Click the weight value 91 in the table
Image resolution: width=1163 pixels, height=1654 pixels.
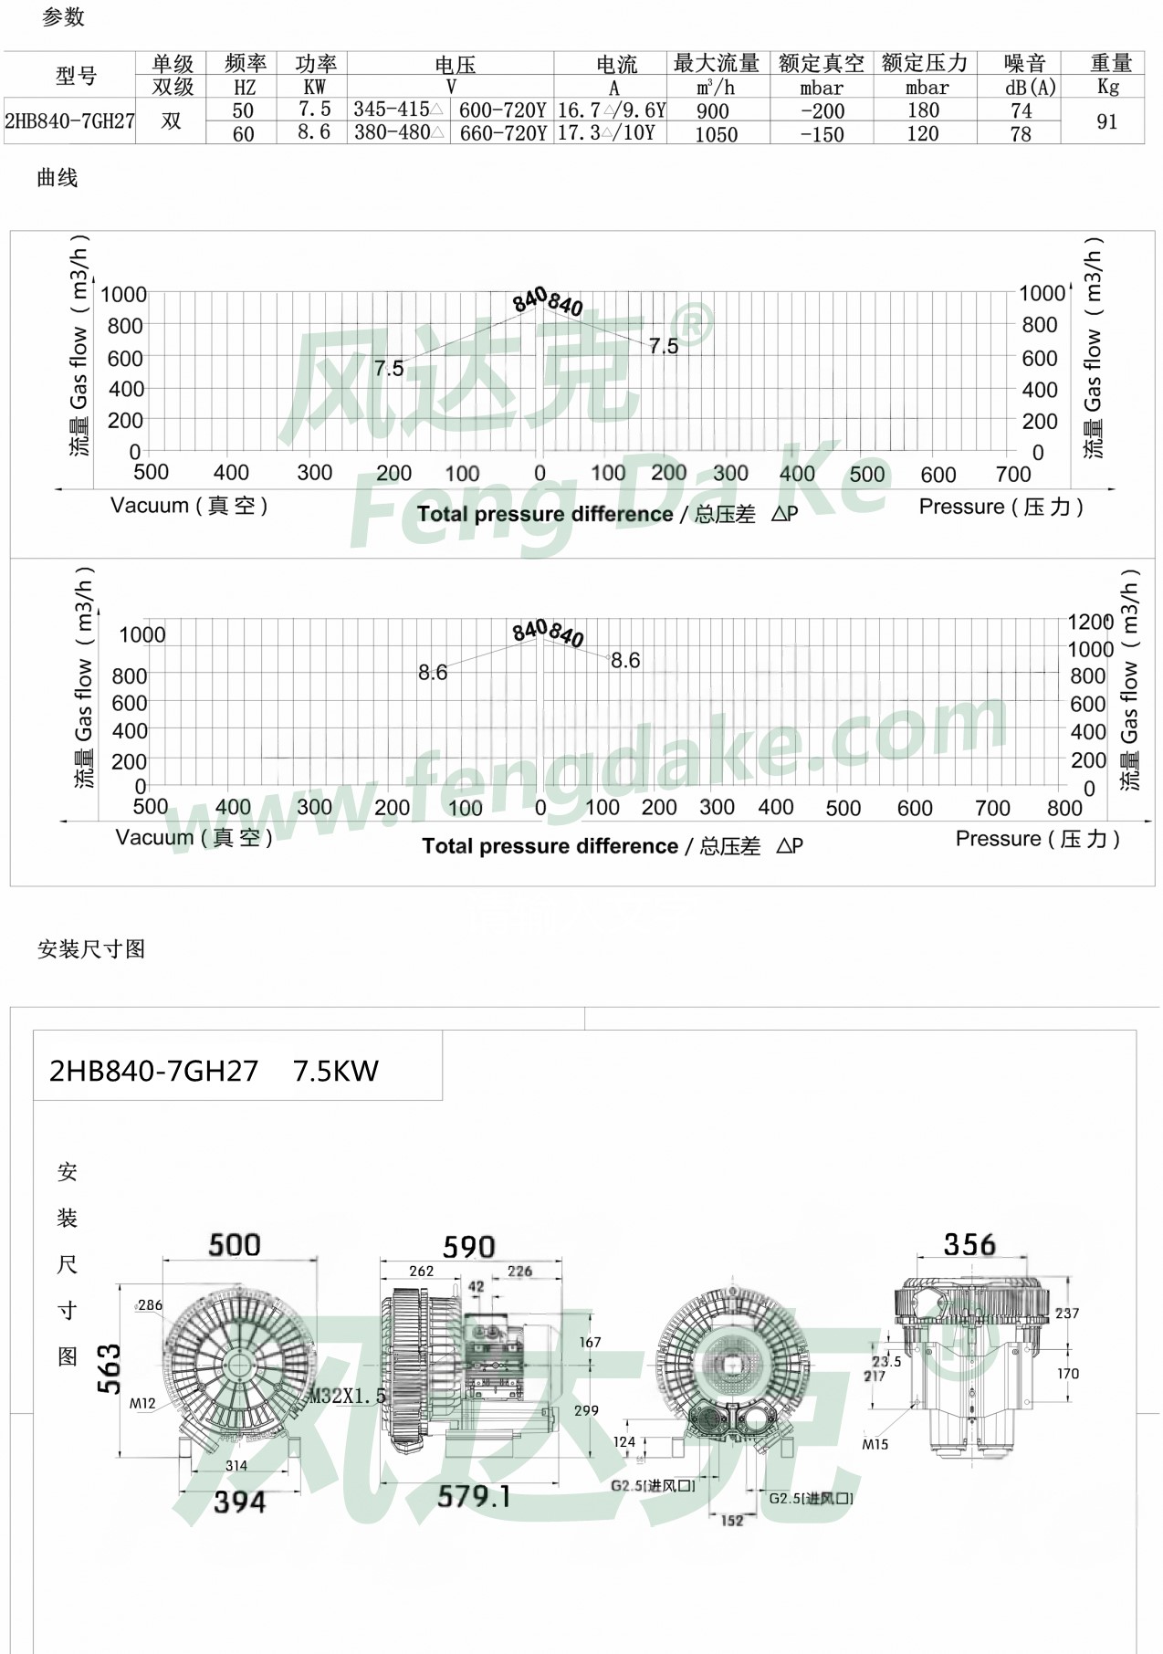[x=1106, y=122]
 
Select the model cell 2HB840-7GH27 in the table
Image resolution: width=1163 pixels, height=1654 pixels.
[x=69, y=121]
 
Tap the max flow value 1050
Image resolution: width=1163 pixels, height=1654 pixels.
[x=716, y=135]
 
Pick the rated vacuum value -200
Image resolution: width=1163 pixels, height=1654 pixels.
[x=822, y=111]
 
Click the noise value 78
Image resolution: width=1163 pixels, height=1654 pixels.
[x=1020, y=134]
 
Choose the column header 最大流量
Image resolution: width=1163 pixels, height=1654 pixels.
[x=717, y=64]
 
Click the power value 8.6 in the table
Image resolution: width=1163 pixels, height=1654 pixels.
[x=313, y=132]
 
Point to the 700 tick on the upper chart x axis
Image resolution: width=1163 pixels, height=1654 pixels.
[x=1012, y=475]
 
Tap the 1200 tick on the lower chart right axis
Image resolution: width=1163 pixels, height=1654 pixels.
[x=1090, y=623]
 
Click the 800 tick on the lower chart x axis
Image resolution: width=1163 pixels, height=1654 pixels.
[x=1064, y=809]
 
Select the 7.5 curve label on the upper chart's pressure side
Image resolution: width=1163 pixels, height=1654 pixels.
[x=664, y=347]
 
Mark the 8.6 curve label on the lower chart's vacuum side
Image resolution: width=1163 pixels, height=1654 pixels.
[x=433, y=673]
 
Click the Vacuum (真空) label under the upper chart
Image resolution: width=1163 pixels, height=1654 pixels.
[x=189, y=506]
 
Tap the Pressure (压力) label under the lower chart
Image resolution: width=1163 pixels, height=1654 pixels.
[x=1037, y=839]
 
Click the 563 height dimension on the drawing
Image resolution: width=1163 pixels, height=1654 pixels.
[x=109, y=1368]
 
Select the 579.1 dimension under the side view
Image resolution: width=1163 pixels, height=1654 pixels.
[x=473, y=1497]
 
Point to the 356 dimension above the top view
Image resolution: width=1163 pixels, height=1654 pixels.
[x=969, y=1245]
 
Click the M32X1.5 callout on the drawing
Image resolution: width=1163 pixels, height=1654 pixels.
[x=347, y=1396]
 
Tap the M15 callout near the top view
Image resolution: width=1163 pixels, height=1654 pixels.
[x=875, y=1444]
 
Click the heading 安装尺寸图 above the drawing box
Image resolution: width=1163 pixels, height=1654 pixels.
[x=91, y=949]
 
